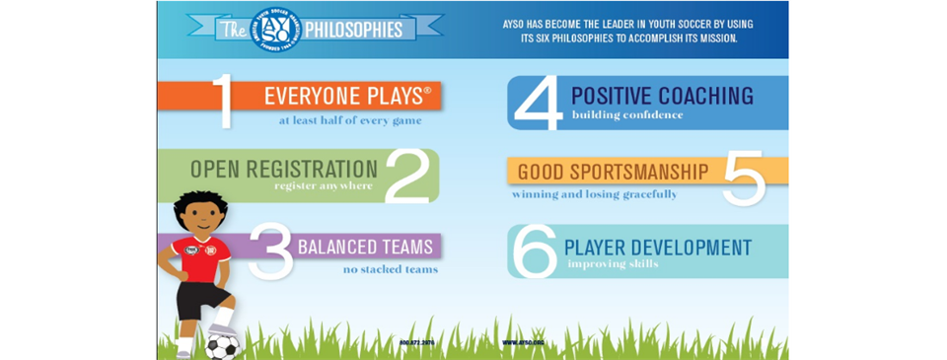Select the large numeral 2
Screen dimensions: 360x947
point(406,177)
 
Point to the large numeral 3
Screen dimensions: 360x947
point(269,251)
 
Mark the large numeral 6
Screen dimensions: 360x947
point(536,252)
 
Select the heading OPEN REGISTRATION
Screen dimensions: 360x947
point(284,169)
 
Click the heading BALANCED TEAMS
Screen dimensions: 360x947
point(365,246)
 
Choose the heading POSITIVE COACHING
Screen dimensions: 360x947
point(662,96)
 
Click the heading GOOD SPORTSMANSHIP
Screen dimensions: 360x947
point(613,172)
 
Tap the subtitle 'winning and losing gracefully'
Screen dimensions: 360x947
point(594,194)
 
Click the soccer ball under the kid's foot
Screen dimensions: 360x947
point(222,345)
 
